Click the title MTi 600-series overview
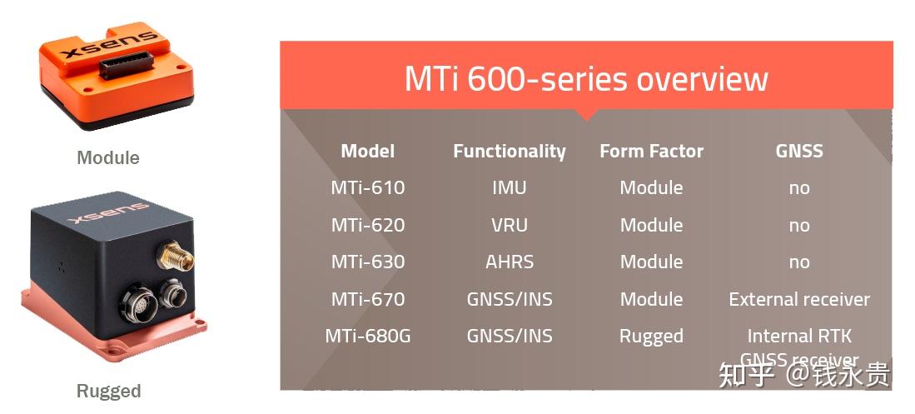pyautogui.click(x=585, y=79)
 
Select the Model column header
pyautogui.click(x=367, y=151)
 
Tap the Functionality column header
pyautogui.click(x=509, y=151)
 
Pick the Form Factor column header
pyautogui.click(x=651, y=151)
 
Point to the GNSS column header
pyautogui.click(x=798, y=151)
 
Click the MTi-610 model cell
pyautogui.click(x=367, y=187)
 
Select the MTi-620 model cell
pyautogui.click(x=367, y=225)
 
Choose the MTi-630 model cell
pyautogui.click(x=367, y=262)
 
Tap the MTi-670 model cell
pyautogui.click(x=367, y=299)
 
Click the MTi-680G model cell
pyautogui.click(x=367, y=337)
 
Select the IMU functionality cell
pyautogui.click(x=509, y=187)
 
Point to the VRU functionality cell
pyautogui.click(x=509, y=225)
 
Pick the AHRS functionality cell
pyautogui.click(x=509, y=262)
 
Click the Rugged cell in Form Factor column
pyautogui.click(x=651, y=337)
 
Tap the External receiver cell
pyautogui.click(x=798, y=299)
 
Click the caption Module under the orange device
pyautogui.click(x=107, y=157)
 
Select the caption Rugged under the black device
pyautogui.click(x=108, y=391)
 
